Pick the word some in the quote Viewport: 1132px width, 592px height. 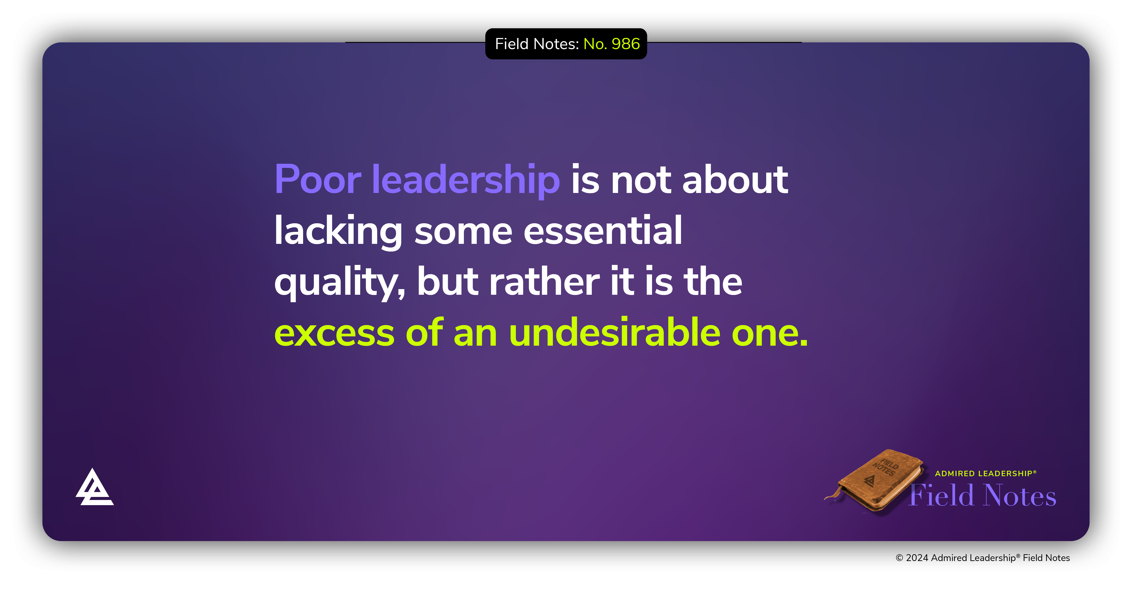coord(463,231)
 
